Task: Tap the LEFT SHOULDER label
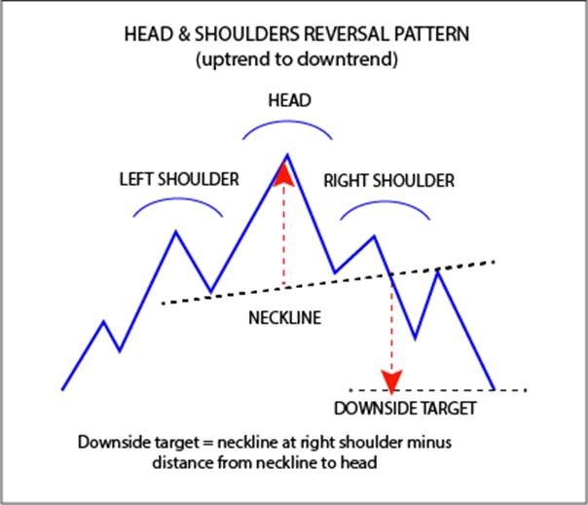tap(179, 179)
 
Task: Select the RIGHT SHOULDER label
tap(388, 180)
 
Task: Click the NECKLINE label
tap(284, 318)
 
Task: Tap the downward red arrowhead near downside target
tap(391, 379)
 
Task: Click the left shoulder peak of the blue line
tap(176, 232)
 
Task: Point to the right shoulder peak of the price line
tap(373, 235)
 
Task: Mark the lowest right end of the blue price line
tap(494, 389)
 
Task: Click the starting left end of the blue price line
tap(63, 389)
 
